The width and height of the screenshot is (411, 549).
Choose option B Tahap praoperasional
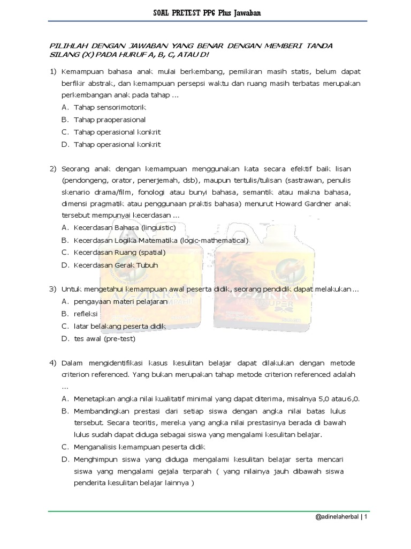(110, 120)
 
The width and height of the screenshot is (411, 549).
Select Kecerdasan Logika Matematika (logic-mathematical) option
(161, 240)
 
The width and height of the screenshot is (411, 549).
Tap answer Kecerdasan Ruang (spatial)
(119, 252)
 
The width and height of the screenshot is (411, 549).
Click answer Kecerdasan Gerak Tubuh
(116, 265)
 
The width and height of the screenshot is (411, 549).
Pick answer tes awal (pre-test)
(104, 338)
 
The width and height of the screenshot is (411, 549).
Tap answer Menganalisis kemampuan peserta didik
(140, 446)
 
